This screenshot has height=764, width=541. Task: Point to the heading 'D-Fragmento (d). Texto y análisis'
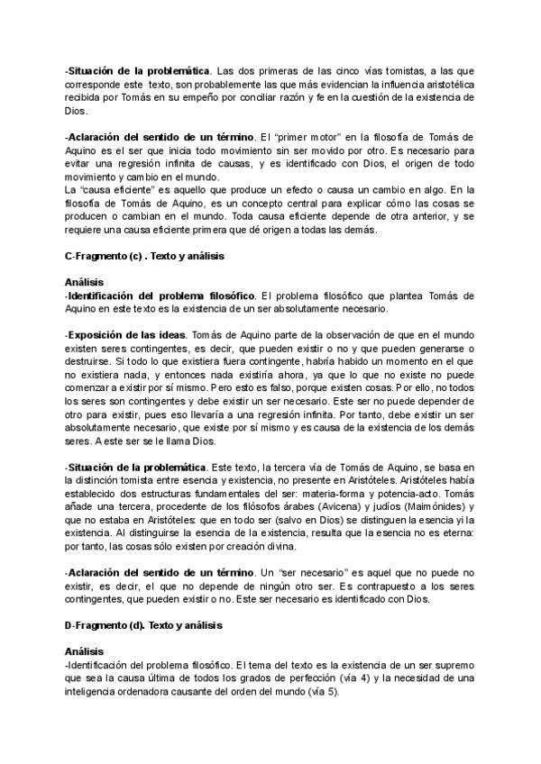tap(143, 624)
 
